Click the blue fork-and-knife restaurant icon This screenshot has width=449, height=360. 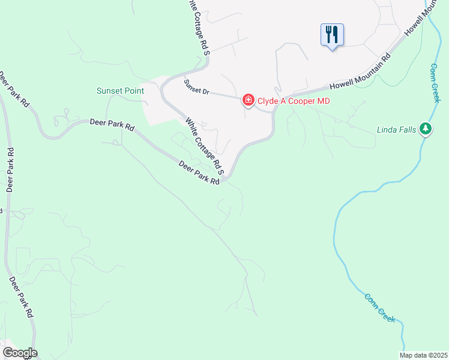[x=332, y=34]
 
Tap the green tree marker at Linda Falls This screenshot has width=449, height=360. [x=426, y=128]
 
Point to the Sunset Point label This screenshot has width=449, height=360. [x=121, y=91]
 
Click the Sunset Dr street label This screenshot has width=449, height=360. [x=196, y=88]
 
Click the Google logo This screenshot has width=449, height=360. [x=20, y=353]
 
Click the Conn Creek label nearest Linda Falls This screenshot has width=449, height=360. [x=436, y=83]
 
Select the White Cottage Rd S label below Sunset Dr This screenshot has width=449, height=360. [x=204, y=146]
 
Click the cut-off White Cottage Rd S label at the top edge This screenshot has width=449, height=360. [x=200, y=27]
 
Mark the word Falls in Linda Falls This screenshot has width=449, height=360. [x=408, y=129]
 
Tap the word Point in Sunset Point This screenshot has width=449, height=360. [x=134, y=91]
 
